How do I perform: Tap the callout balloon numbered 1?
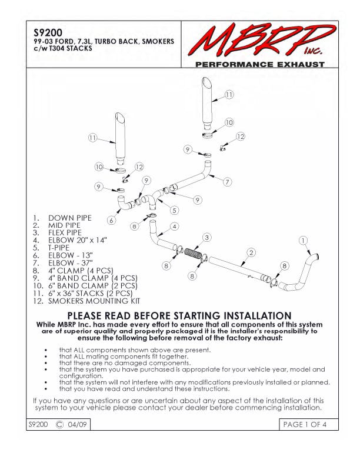tap(303, 240)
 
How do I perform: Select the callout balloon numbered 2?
tap(251, 252)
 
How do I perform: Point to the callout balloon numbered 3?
tap(206, 237)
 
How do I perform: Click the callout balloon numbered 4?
tap(175, 226)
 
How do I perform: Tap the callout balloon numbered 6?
tap(111, 221)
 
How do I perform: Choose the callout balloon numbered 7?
tap(227, 182)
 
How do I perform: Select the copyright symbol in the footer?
tap(59, 424)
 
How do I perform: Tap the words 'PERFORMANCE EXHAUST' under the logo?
tap(259, 64)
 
